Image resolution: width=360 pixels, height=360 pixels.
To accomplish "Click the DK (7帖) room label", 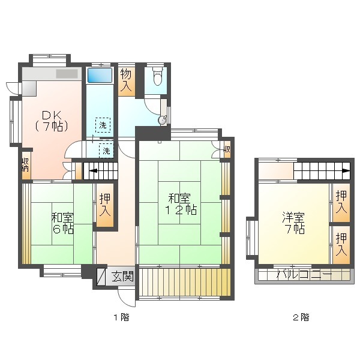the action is [x=52, y=121].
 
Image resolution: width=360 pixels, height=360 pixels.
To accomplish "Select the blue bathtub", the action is [x=100, y=75].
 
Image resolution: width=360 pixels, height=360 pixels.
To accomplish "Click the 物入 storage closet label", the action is [x=126, y=80].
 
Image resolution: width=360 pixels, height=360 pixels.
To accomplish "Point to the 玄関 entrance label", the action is [x=122, y=276].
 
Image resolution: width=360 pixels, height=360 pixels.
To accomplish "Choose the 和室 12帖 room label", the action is [x=180, y=204].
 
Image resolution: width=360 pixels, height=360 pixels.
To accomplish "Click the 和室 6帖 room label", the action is [x=62, y=223].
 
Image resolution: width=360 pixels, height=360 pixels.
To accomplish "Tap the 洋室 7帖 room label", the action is [x=293, y=223].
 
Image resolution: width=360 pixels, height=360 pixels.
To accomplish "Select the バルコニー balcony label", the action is [x=304, y=274].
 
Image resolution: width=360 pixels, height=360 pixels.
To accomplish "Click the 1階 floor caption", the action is [x=121, y=317].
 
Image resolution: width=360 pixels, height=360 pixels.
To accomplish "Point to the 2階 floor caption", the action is [x=301, y=317].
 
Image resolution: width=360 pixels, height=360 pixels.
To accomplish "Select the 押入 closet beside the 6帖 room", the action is [x=105, y=205].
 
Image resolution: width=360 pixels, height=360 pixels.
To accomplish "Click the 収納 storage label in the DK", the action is [x=25, y=164].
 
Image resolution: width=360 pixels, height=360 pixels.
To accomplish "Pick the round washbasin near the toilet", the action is [x=163, y=120].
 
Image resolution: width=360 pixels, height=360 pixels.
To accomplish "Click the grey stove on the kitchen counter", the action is [x=67, y=74].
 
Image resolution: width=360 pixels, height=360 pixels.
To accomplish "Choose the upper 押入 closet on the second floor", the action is [x=341, y=203].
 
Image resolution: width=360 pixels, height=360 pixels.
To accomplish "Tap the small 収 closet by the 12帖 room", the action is [x=227, y=149].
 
